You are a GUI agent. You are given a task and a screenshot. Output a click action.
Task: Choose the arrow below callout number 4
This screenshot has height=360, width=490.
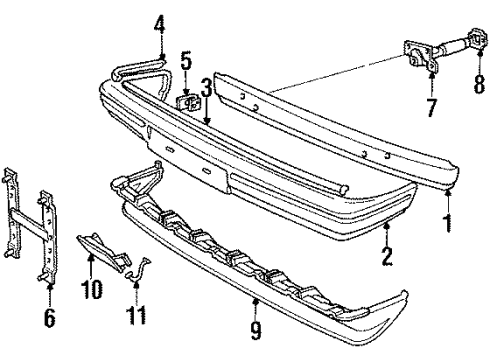point(160,45)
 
